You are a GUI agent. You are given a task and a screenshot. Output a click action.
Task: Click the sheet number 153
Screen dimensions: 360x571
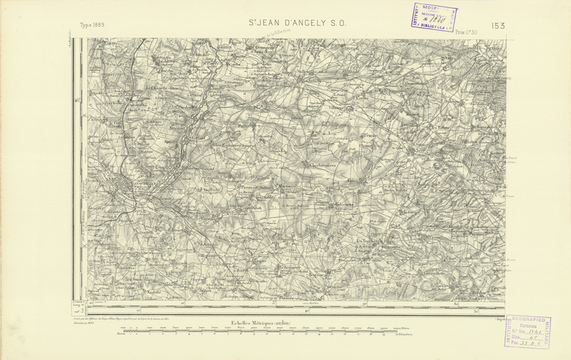(x=497, y=25)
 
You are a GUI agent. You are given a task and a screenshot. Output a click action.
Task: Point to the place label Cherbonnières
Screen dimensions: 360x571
(x=323, y=164)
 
